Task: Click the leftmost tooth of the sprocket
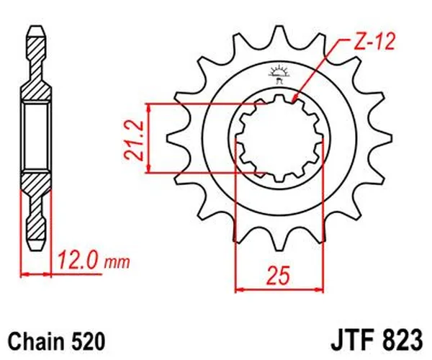click(173, 136)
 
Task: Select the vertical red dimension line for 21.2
click(148, 138)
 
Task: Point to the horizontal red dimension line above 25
click(276, 290)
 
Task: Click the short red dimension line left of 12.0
click(37, 274)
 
